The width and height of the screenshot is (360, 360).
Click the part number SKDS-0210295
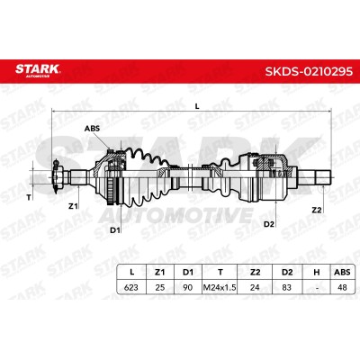[x=309, y=71]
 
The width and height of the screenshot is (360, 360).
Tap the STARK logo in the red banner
[x=38, y=70]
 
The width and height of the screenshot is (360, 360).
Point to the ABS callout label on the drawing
[x=92, y=129]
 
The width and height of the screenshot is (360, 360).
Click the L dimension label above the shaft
[x=197, y=106]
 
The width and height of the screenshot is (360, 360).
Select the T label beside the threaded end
[x=29, y=197]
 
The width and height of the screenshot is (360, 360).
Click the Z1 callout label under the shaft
[x=73, y=206]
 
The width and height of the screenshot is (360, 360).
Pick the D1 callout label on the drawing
[x=115, y=230]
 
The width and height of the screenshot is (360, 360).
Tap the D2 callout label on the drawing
[x=269, y=224]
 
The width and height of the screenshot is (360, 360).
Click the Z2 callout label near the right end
[x=317, y=210]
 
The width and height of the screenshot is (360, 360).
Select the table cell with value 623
[x=131, y=287]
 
